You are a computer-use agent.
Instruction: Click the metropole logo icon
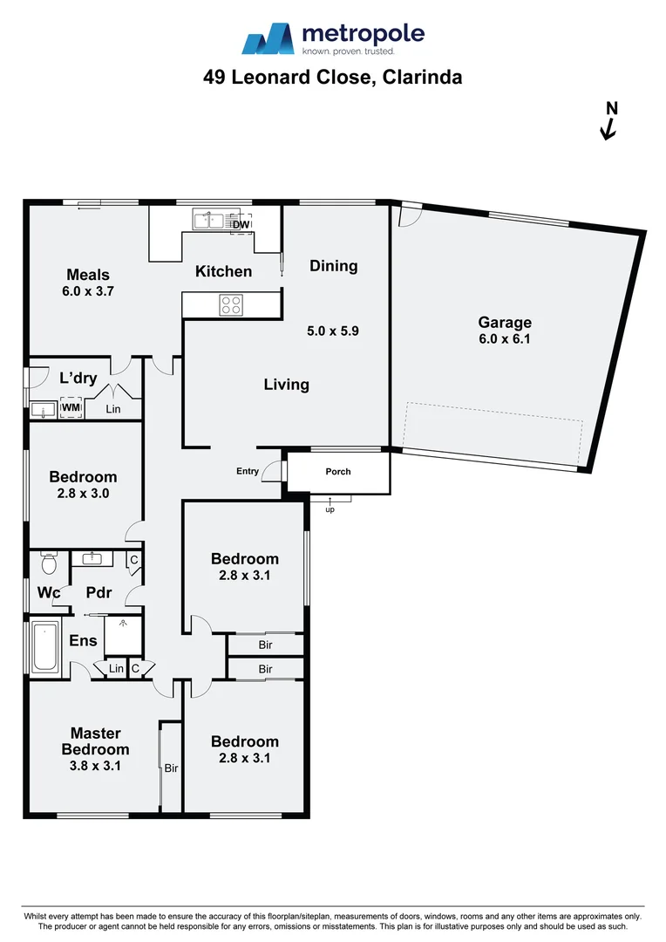click(x=268, y=39)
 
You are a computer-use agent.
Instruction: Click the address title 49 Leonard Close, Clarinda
click(x=332, y=78)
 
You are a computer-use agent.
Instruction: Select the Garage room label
click(x=504, y=323)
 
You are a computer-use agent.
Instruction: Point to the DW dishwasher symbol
click(x=241, y=225)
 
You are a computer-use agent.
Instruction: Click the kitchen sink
click(x=207, y=220)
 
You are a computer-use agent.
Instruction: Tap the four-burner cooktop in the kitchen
click(x=231, y=304)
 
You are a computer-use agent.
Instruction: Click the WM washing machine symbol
click(x=71, y=408)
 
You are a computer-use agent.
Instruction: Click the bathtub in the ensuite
click(x=44, y=647)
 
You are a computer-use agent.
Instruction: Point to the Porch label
click(x=338, y=472)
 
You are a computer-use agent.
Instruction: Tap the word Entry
click(x=248, y=472)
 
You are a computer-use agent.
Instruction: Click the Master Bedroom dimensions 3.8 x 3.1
click(x=95, y=766)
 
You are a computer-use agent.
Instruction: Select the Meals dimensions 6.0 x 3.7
click(x=88, y=292)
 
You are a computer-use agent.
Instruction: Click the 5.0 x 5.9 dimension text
click(x=333, y=331)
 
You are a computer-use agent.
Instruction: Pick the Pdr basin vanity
click(x=92, y=558)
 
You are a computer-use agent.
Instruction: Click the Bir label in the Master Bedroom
click(x=172, y=768)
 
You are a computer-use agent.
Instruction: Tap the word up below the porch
click(x=330, y=509)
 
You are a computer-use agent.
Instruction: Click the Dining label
click(x=334, y=266)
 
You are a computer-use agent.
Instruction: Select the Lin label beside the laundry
click(x=113, y=409)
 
